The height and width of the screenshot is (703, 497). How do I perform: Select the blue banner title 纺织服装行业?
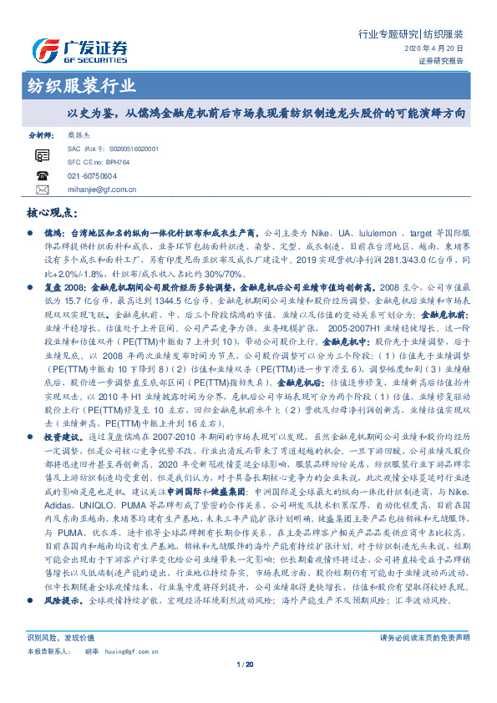[x=77, y=86]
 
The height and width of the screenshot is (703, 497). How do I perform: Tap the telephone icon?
[x=43, y=176]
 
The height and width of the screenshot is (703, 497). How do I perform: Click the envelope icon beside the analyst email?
[x=43, y=190]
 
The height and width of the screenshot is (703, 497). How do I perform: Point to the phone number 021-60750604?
[x=92, y=176]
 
